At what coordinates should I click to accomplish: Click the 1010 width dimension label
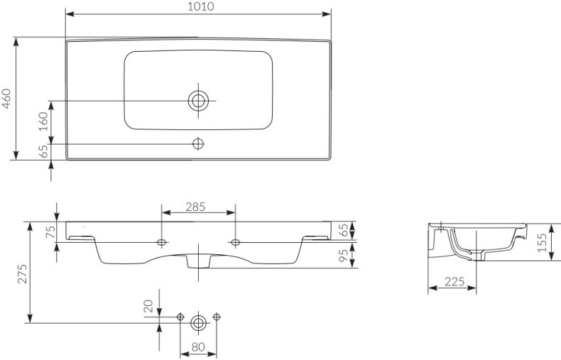tap(201, 6)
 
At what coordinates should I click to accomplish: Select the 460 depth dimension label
tap(6, 99)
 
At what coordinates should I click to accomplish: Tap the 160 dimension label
tap(43, 121)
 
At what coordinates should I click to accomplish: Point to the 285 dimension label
tap(195, 207)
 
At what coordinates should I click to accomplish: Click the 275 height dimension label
tap(22, 274)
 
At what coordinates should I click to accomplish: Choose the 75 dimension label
tap(52, 232)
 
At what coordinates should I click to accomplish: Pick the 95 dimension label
tap(344, 255)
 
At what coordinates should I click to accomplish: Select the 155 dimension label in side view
tap(543, 243)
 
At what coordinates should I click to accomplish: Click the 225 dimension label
tap(454, 282)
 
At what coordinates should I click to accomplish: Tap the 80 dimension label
tap(198, 347)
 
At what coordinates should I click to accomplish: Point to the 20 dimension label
tap(148, 306)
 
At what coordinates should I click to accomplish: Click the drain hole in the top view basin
tap(198, 101)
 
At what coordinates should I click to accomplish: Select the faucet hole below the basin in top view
tap(198, 144)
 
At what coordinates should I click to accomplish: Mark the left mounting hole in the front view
tap(162, 243)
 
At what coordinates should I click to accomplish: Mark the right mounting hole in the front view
tap(236, 243)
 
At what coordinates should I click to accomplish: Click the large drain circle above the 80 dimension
tap(198, 323)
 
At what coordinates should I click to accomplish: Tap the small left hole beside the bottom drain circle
tap(180, 317)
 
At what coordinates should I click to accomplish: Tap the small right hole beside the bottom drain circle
tap(216, 317)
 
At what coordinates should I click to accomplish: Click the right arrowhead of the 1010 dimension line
tap(326, 14)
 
